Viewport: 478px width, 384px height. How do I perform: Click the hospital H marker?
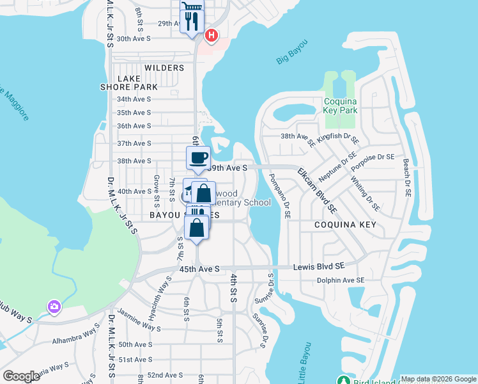tap(212, 35)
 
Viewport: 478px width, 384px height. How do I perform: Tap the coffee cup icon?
tap(198, 157)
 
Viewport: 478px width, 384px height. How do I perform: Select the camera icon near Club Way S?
tap(54, 307)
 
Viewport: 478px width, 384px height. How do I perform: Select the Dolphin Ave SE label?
tap(341, 280)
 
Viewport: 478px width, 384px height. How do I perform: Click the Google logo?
tap(21, 376)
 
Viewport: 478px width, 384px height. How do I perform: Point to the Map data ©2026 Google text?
tap(438, 379)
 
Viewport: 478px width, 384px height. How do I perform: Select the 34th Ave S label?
tap(134, 99)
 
